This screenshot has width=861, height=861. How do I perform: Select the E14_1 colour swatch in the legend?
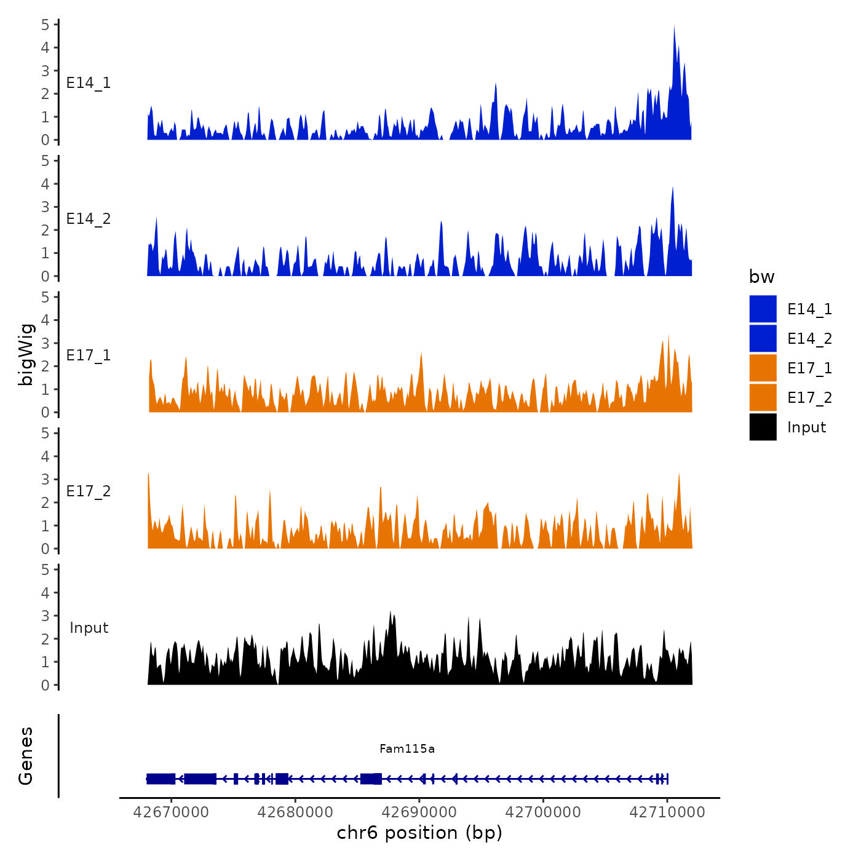pos(763,309)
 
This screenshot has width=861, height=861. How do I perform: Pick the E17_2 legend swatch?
pos(763,397)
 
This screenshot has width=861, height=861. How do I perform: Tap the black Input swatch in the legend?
pos(763,427)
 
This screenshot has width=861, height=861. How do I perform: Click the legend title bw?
pos(761,277)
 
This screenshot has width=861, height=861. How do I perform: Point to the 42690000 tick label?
pos(419,812)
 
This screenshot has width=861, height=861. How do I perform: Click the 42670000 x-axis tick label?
pos(171,812)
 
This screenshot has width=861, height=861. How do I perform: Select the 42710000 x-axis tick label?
pos(667,812)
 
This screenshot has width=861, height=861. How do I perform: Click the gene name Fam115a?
pos(407,748)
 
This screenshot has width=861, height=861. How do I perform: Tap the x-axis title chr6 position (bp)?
pos(419,833)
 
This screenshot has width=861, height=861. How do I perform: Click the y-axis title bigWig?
pos(26,354)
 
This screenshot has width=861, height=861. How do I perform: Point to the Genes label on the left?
pos(26,756)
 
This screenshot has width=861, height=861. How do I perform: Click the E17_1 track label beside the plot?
pos(89,355)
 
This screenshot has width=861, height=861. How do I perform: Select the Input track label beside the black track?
pos(89,627)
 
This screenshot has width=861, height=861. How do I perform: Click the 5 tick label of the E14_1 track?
pos(46,25)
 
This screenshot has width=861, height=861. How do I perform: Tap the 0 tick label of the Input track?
pos(46,685)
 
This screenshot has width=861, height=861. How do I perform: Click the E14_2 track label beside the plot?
pos(89,218)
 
